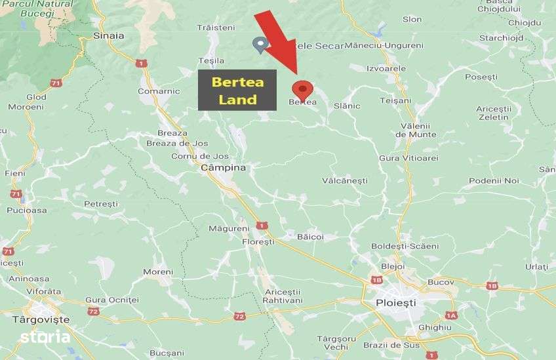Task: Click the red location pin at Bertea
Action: pyautogui.click(x=302, y=89)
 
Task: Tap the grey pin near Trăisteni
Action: pyautogui.click(x=260, y=45)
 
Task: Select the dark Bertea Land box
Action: pyautogui.click(x=237, y=90)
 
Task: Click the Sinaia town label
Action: pyautogui.click(x=109, y=35)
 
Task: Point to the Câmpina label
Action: pyautogui.click(x=223, y=168)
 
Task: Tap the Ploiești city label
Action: pyautogui.click(x=396, y=303)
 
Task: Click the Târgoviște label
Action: pyautogui.click(x=41, y=319)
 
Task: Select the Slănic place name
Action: pyautogui.click(x=347, y=106)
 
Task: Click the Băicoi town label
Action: pyautogui.click(x=310, y=236)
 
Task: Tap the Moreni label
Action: pyautogui.click(x=158, y=271)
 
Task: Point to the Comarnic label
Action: pyautogui.click(x=159, y=92)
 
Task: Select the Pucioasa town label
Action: pyautogui.click(x=27, y=210)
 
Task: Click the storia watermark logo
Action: pyautogui.click(x=45, y=337)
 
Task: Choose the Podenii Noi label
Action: pyautogui.click(x=494, y=180)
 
